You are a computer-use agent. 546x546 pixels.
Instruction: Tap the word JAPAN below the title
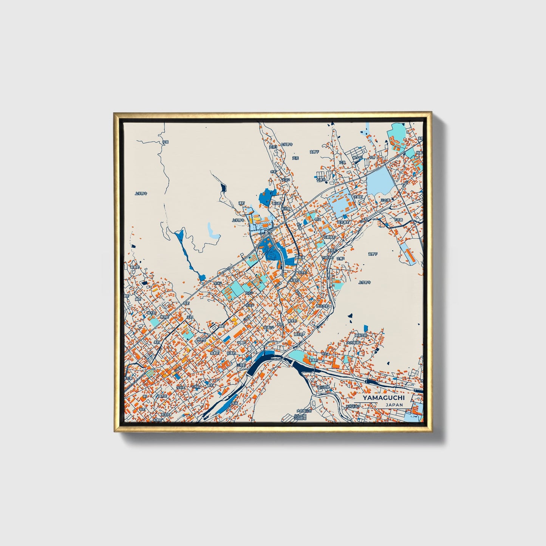pos(394,405)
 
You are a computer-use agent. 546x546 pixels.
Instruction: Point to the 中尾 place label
pos(165,142)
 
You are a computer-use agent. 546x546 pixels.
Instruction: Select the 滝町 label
pos(241,203)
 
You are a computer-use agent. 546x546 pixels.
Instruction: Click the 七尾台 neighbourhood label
pos(320,180)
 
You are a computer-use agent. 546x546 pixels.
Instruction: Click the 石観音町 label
pos(329,237)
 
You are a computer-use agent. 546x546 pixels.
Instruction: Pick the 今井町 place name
pos(181,388)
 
